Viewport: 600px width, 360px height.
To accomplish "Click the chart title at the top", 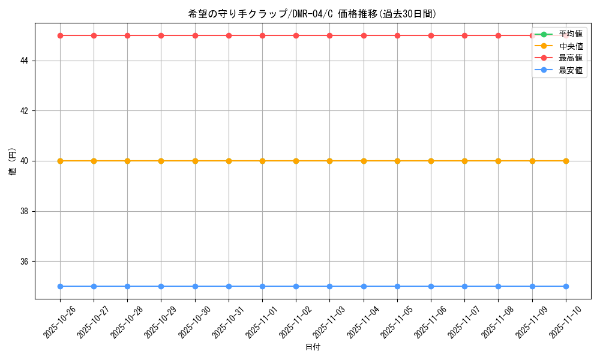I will pyautogui.click(x=312, y=14).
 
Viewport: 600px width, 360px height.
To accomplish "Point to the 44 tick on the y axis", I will pyautogui.click(x=26, y=61).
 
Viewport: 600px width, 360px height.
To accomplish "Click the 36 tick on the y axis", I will pyautogui.click(x=26, y=262).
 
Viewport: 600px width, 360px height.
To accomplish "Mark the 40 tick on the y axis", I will pyautogui.click(x=26, y=161).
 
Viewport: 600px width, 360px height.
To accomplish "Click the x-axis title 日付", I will pyautogui.click(x=313, y=347).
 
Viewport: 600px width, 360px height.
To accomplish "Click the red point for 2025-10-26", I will pyautogui.click(x=60, y=35).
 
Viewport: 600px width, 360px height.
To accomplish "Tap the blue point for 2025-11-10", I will pyautogui.click(x=566, y=286).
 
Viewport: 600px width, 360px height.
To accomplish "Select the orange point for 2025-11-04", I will pyautogui.click(x=364, y=161).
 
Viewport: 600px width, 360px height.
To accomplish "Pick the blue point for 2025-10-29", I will pyautogui.click(x=161, y=286).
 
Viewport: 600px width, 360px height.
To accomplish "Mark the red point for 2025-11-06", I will pyautogui.click(x=431, y=35).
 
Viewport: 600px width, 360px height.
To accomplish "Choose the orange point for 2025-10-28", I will pyautogui.click(x=127, y=161).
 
